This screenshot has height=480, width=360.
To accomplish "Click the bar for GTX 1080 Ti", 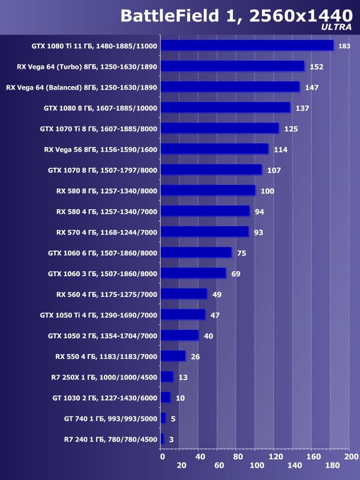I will point(247,45).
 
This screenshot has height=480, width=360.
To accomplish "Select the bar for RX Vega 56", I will point(214,149).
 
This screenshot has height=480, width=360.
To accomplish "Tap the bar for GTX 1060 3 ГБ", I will point(193,273).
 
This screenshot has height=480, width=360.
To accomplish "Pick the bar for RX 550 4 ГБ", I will point(173,356).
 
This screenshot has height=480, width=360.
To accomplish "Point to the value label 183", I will point(344,46).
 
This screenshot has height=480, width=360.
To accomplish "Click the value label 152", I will point(316,66).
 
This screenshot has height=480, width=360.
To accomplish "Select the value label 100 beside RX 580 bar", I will point(267,191).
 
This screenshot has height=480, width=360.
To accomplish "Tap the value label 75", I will point(241,253).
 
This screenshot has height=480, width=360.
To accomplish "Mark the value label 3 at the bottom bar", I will point(171,439).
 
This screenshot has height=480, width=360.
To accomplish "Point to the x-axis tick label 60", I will point(219,466).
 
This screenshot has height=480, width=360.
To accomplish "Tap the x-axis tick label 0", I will point(162,457).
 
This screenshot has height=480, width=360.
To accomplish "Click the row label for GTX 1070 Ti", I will point(98,128).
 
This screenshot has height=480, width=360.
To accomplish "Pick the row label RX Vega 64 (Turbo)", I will point(87,66).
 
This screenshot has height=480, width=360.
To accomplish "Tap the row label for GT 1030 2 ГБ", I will point(104,398).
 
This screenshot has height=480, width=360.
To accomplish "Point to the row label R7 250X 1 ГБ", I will point(104,377).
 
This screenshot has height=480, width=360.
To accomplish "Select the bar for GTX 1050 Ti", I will point(183,315).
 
